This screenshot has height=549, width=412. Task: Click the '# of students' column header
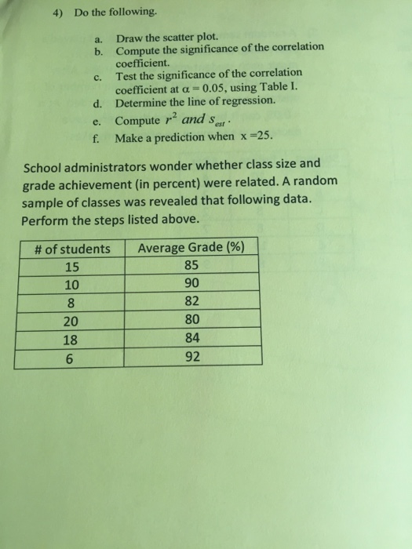(x=73, y=249)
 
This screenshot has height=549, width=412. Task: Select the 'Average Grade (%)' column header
(x=191, y=249)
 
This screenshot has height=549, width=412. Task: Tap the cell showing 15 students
(x=73, y=266)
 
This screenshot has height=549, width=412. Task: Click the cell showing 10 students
(x=73, y=283)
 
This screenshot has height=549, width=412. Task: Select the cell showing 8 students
(x=73, y=301)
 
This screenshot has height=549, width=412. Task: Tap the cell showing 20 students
(x=73, y=320)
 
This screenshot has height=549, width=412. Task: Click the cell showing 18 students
(x=73, y=339)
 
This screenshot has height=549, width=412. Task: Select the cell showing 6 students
(x=73, y=358)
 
